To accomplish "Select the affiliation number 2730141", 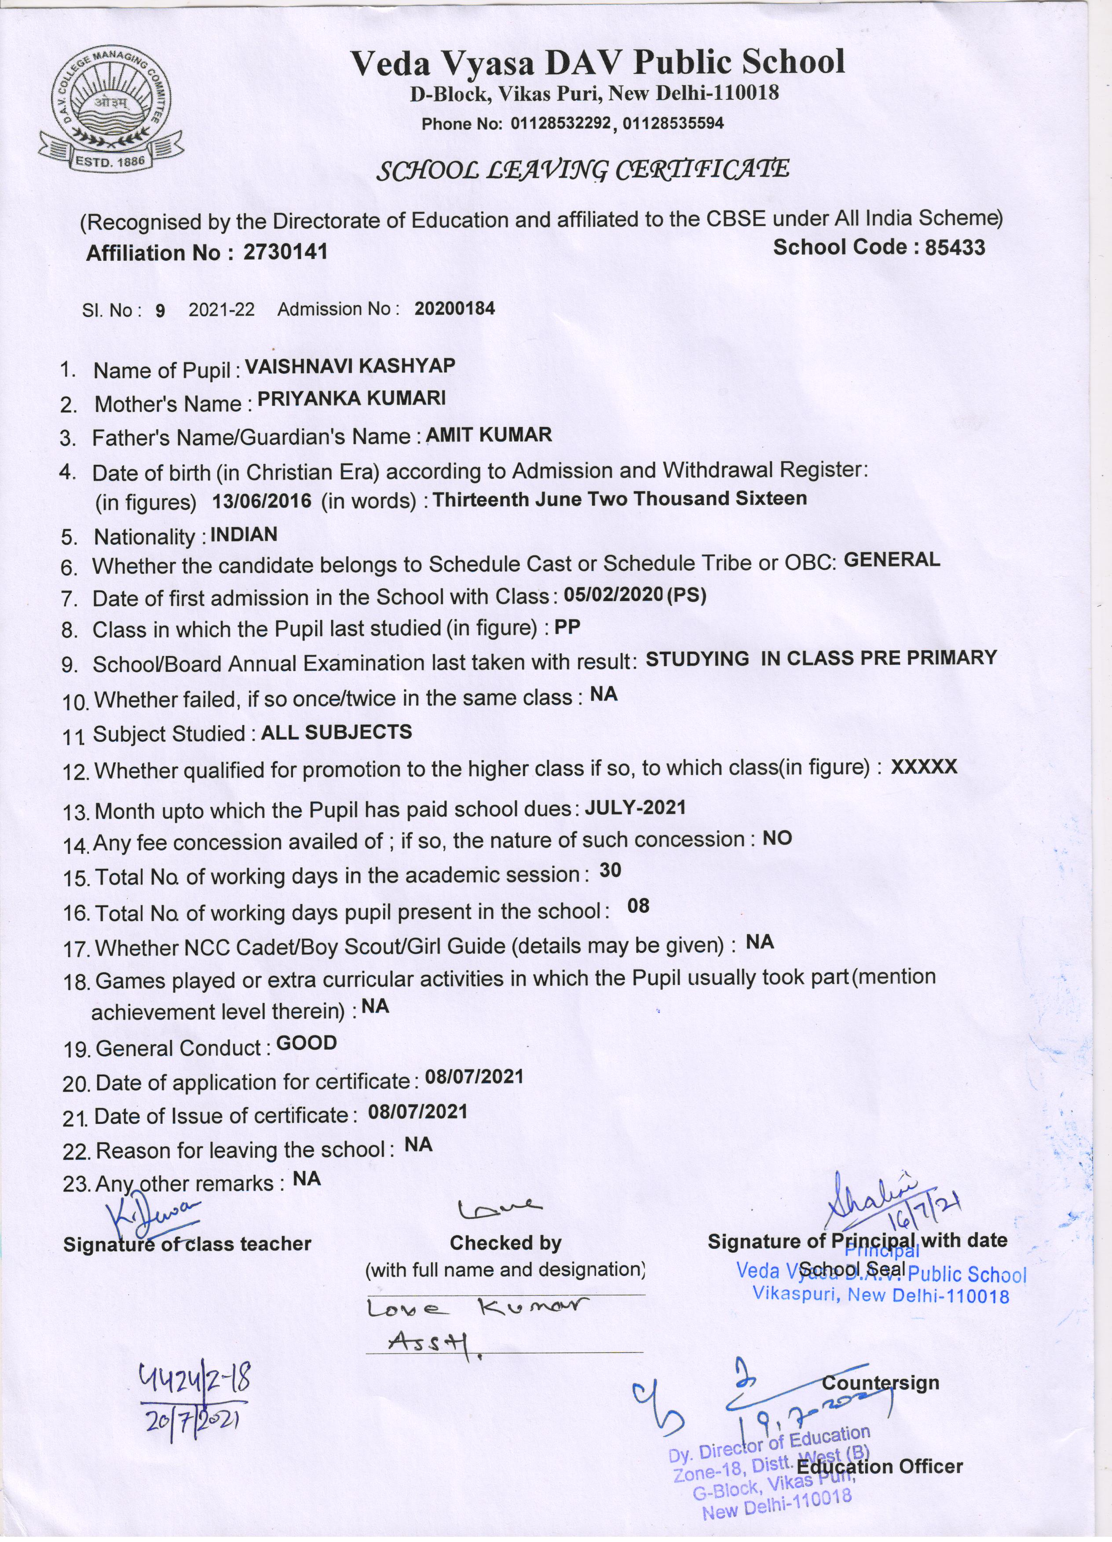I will click(285, 252).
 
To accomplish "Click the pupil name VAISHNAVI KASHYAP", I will click(350, 366).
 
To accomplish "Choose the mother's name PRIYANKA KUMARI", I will click(351, 398).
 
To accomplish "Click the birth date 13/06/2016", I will click(262, 502).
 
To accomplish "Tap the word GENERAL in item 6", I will click(892, 560).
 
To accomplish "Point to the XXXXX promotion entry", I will click(924, 767).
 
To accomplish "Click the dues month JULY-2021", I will click(635, 808).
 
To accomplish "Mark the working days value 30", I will click(610, 871).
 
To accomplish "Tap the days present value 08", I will click(638, 906).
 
